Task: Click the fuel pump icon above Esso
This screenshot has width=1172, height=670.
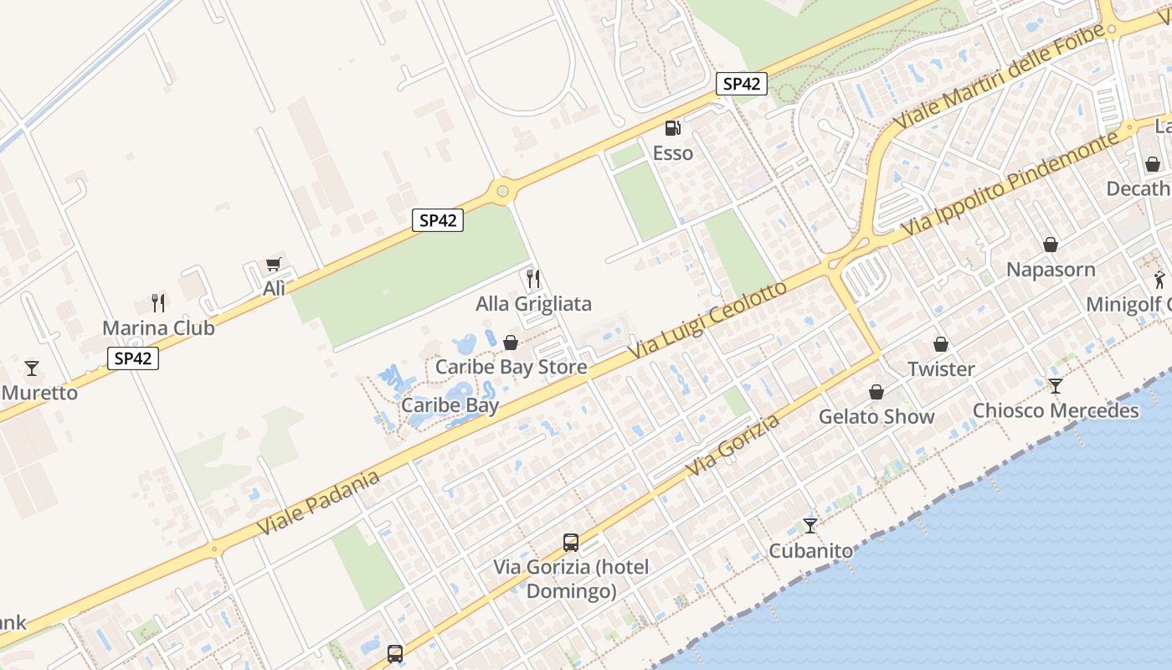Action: coord(672,128)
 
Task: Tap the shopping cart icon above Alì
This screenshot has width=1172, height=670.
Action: coord(273,265)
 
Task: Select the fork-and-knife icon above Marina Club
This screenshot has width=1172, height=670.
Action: coord(158,302)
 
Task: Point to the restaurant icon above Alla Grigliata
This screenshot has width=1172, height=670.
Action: coord(533,278)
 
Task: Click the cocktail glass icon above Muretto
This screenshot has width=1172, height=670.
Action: coord(32,368)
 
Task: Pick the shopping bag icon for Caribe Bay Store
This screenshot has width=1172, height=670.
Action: coord(511,343)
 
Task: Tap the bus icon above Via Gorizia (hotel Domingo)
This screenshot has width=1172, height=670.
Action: coord(571,542)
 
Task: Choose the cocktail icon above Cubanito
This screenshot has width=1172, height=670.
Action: coord(810,525)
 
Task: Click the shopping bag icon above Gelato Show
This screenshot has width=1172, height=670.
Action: coord(876,392)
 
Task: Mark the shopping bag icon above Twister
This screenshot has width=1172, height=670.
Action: coord(941,344)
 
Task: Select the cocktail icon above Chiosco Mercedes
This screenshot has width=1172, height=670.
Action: coord(1056,385)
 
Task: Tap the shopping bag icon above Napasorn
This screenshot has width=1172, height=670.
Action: coord(1051,245)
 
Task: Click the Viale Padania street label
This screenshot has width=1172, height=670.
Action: coord(318,502)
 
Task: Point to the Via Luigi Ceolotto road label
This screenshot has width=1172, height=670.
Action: coord(708,321)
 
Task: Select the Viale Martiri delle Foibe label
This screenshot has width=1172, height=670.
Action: coord(998,75)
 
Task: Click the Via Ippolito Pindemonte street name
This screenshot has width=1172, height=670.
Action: coord(1009,183)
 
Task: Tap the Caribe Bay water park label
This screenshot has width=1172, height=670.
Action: coord(450,405)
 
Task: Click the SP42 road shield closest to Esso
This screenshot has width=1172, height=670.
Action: coord(742,84)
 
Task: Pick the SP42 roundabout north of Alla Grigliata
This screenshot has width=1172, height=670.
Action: coord(502,192)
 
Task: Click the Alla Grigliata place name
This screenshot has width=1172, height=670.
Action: coord(533,303)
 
